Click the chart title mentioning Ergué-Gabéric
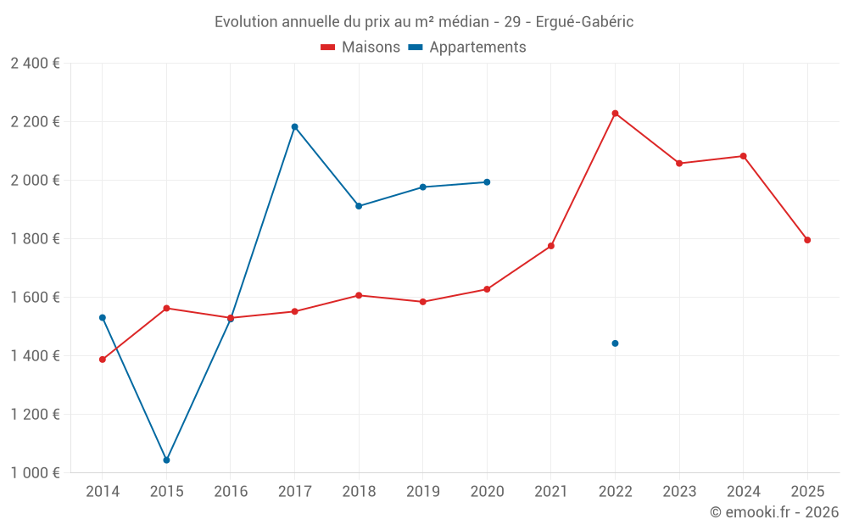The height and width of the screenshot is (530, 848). (423, 21)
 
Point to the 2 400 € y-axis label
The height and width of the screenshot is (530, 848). (35, 64)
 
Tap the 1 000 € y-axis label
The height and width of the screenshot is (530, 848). (35, 473)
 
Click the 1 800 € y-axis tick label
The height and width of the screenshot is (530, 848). (35, 239)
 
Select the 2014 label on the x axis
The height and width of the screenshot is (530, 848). (103, 491)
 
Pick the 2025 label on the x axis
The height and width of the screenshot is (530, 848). (807, 491)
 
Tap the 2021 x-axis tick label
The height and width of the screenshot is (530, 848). (551, 491)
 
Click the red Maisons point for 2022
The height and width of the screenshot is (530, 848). (615, 113)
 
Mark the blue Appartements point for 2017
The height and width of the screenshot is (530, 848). (294, 126)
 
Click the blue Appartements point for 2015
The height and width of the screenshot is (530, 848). (166, 460)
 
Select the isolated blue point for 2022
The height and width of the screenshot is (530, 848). (615, 343)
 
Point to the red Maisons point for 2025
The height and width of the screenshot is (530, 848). (807, 240)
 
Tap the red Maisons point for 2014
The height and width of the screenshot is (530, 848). (103, 360)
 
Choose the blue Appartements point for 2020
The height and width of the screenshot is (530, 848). (487, 181)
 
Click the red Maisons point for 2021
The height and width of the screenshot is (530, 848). (551, 246)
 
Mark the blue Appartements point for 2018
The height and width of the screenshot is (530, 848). (359, 206)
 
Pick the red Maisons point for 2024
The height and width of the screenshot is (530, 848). (743, 156)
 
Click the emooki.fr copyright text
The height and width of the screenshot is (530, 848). (773, 512)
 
